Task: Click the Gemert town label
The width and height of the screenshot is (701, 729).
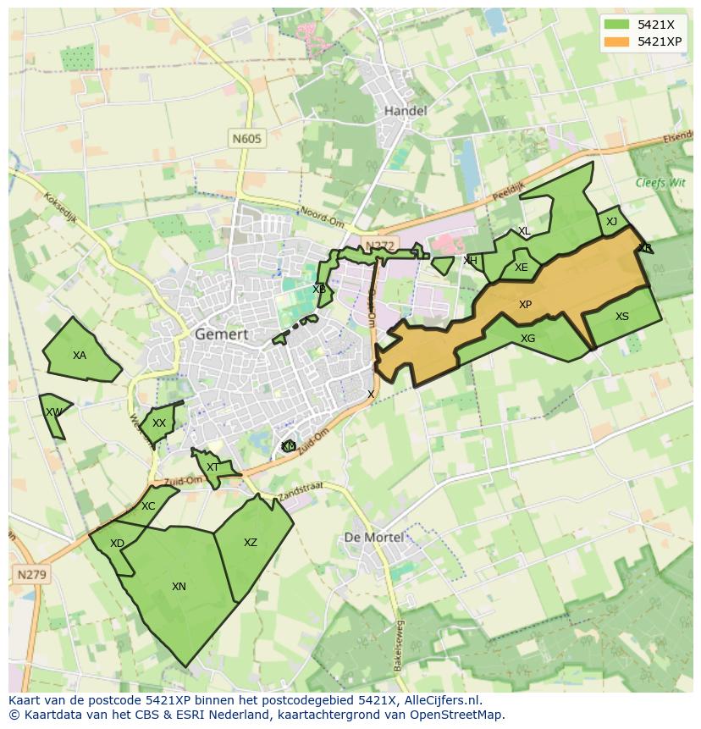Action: [222, 334]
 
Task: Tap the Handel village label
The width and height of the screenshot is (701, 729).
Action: [406, 111]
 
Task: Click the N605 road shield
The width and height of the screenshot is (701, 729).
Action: [248, 138]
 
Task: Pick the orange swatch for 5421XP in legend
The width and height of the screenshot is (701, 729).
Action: [617, 41]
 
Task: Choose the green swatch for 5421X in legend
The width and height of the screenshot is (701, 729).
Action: [617, 25]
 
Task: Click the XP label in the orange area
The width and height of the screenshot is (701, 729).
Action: [525, 305]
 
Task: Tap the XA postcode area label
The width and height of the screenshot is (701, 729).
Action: [80, 356]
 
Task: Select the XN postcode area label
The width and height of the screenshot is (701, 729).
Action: [179, 587]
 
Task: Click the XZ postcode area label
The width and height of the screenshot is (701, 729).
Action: [251, 543]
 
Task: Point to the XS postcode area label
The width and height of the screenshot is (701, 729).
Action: [622, 317]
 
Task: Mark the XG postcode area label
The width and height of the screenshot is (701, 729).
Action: [527, 339]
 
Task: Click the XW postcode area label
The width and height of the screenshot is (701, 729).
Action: [54, 412]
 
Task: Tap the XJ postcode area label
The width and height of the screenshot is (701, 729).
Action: [611, 222]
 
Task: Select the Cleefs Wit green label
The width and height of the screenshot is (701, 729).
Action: [660, 182]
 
